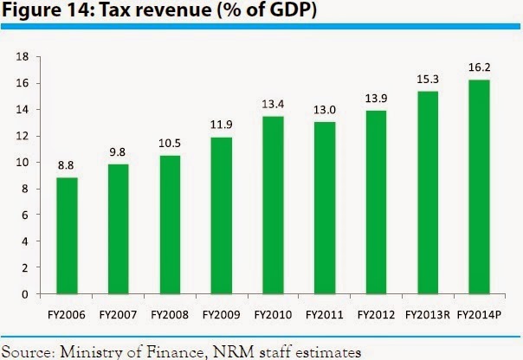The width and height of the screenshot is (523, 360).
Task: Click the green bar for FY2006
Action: click(x=68, y=235)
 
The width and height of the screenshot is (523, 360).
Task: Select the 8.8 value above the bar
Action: click(x=68, y=164)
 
